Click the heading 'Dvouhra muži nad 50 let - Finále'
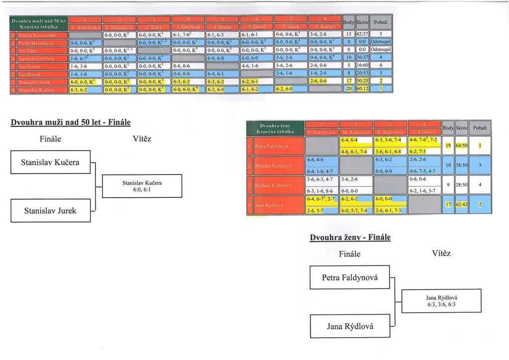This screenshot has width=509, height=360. point(71,121)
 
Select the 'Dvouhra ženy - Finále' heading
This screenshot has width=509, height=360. point(350,237)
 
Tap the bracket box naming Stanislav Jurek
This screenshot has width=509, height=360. point(50,210)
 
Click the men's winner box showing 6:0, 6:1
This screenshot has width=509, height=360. point(142,186)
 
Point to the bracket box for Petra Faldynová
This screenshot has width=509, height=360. point(349,277)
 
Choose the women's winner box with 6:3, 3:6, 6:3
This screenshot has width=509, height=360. point(441,301)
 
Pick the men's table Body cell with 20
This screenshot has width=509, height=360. point(349,90)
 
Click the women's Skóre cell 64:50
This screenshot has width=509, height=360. point(461,146)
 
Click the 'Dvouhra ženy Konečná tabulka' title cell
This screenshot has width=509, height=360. point(275,128)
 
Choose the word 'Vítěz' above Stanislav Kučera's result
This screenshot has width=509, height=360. point(142,139)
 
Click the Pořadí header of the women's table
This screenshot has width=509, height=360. point(480,128)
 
